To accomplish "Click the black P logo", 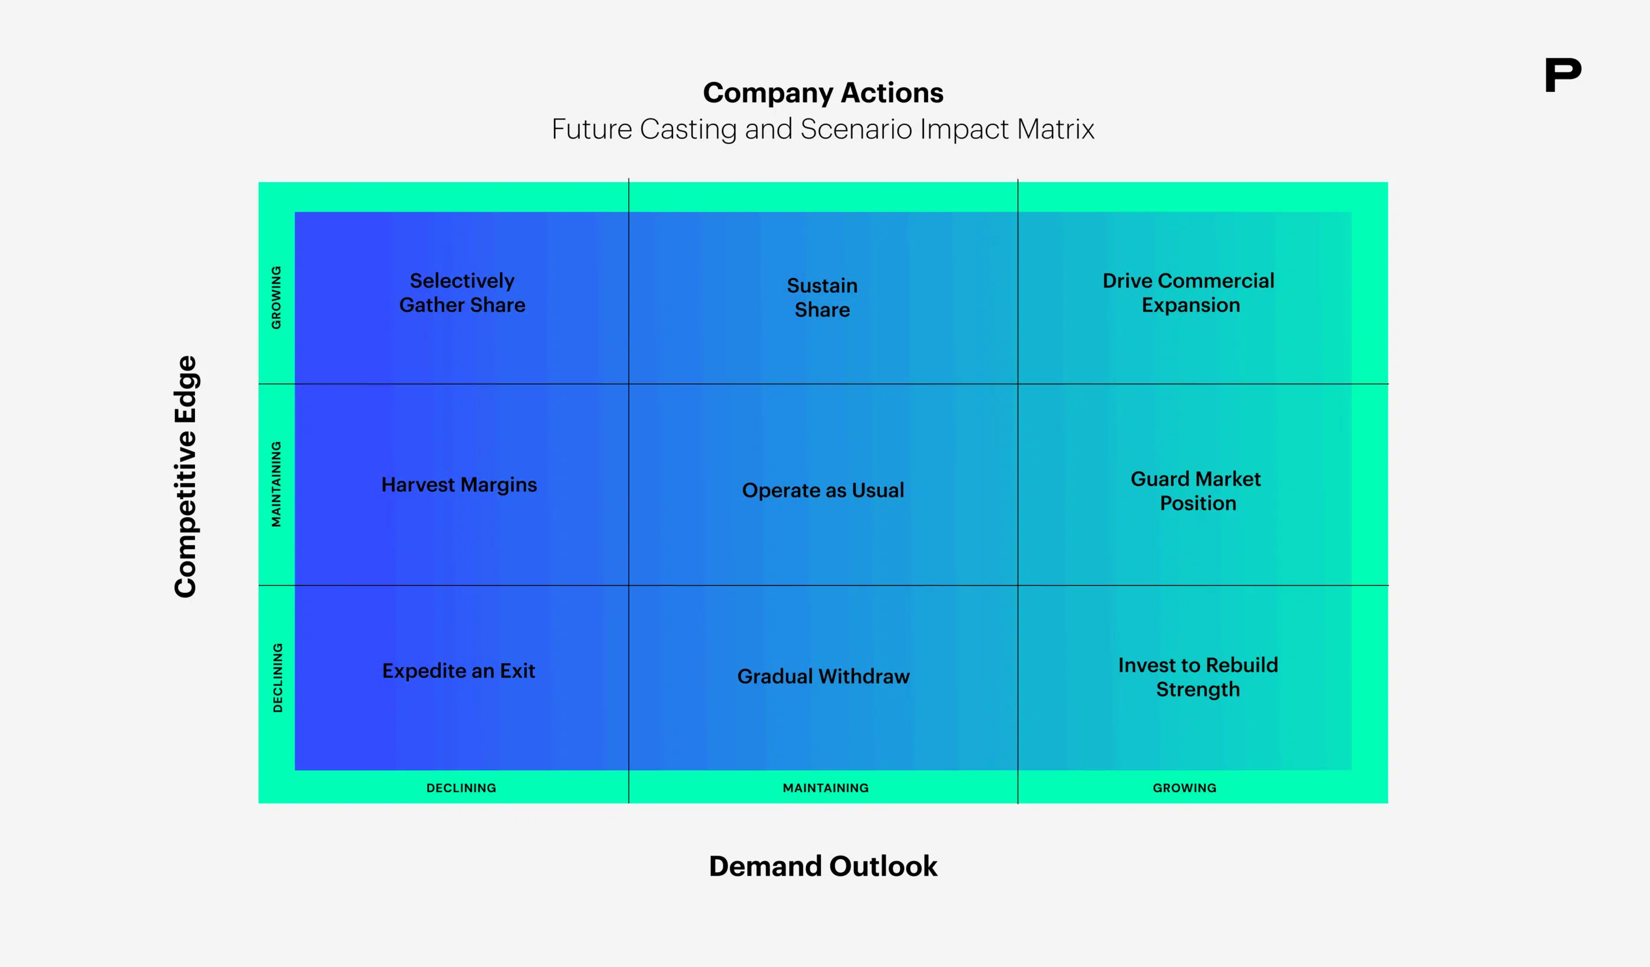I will pyautogui.click(x=1562, y=75).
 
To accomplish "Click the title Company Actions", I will pyautogui.click(x=823, y=93).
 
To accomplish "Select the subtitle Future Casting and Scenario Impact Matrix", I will pyautogui.click(x=823, y=129).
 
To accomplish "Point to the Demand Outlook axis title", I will pyautogui.click(x=823, y=866).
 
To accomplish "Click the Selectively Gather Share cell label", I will pyautogui.click(x=462, y=293).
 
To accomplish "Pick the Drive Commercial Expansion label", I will pyautogui.click(x=1189, y=293).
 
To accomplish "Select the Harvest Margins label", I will pyautogui.click(x=459, y=484).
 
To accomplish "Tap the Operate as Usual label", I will pyautogui.click(x=823, y=490).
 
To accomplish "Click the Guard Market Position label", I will pyautogui.click(x=1196, y=491).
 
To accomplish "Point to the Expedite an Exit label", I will pyautogui.click(x=458, y=671).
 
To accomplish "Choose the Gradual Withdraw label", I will pyautogui.click(x=823, y=676).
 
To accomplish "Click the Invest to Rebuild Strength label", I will pyautogui.click(x=1197, y=677).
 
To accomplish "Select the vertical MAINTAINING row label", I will pyautogui.click(x=276, y=484).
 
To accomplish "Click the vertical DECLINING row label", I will pyautogui.click(x=278, y=678).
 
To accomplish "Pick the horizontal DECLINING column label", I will pyautogui.click(x=461, y=788).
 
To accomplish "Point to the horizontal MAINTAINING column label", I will pyautogui.click(x=826, y=788).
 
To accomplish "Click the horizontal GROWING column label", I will pyautogui.click(x=1184, y=788).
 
